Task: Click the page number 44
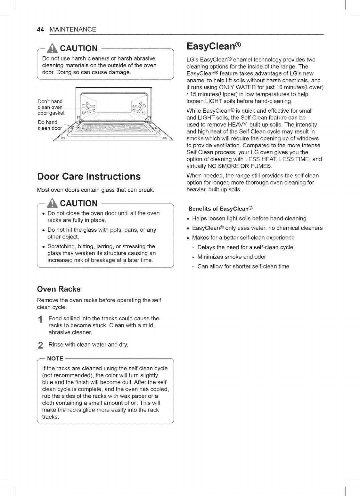(x=40, y=29)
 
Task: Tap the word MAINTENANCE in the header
(x=73, y=29)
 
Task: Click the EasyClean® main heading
(x=213, y=47)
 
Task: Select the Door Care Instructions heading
(x=89, y=176)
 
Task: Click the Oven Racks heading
(x=59, y=289)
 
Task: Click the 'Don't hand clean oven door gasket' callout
(x=51, y=107)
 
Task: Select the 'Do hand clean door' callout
(x=50, y=125)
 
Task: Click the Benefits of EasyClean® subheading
(x=221, y=209)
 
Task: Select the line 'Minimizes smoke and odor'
(x=232, y=257)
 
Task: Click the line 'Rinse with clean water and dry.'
(x=88, y=345)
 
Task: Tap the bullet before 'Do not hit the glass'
(x=44, y=230)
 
